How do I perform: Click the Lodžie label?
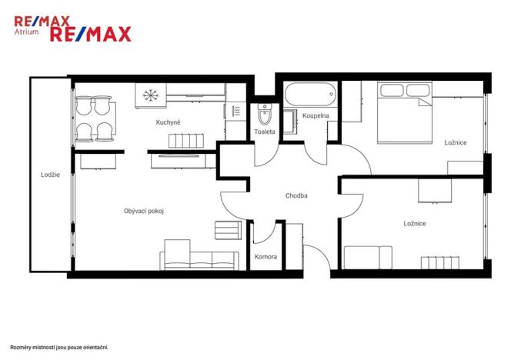tap(50, 175)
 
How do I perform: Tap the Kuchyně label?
tap(168, 122)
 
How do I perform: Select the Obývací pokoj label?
tap(144, 211)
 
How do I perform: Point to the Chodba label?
tap(296, 195)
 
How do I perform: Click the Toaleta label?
tap(265, 132)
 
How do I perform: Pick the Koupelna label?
tap(316, 115)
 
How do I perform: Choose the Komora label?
tap(265, 256)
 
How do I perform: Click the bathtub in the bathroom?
tap(311, 94)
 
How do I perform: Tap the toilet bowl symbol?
tap(265, 114)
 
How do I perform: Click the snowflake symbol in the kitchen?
tap(151, 95)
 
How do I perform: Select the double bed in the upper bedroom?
tap(405, 112)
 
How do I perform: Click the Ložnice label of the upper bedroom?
tap(456, 142)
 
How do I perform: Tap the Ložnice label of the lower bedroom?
tap(415, 223)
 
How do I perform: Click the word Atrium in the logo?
tap(26, 32)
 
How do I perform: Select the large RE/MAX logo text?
tap(91, 34)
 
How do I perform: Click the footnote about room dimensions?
tap(59, 347)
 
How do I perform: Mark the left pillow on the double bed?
tap(392, 90)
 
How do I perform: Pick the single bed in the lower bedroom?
tap(368, 258)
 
